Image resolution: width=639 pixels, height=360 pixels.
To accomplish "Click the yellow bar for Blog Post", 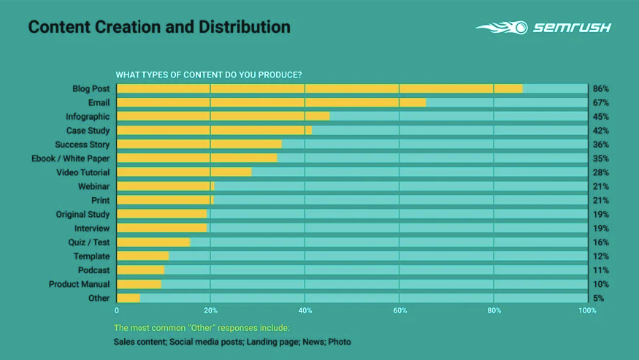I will (x=319, y=88).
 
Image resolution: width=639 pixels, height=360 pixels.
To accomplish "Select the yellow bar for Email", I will (x=271, y=102).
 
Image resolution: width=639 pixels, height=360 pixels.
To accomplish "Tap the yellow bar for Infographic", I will (x=223, y=116).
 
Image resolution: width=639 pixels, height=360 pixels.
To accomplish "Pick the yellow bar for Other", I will (x=128, y=298).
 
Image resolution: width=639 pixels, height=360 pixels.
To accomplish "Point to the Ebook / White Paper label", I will (x=70, y=158).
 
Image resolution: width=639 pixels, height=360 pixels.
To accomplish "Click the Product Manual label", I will (x=79, y=284).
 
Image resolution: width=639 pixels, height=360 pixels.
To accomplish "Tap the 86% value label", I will (x=601, y=88).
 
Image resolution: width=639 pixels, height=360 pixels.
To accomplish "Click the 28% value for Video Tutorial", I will (x=601, y=172).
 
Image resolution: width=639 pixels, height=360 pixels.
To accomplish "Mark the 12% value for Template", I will (x=601, y=256).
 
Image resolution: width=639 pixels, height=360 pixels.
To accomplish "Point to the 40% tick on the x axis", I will (x=305, y=310).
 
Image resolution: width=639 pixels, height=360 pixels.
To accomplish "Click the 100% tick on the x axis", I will (x=587, y=310).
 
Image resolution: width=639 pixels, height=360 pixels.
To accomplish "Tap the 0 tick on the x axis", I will (x=117, y=310).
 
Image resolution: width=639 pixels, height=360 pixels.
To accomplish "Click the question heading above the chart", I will (x=209, y=74).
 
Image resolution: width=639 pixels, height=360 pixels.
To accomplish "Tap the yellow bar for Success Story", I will (x=199, y=145).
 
